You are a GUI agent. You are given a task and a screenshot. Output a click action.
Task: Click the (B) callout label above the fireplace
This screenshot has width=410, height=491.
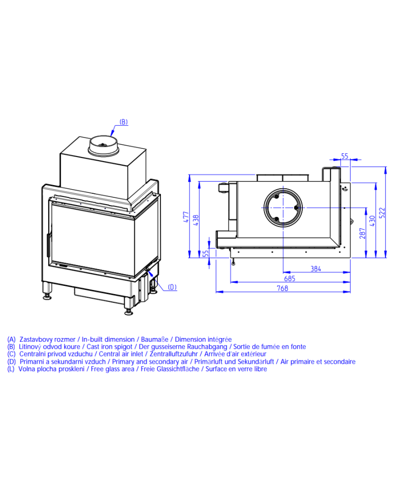coord(124,122)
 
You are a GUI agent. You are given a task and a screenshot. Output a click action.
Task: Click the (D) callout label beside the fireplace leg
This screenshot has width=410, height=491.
coord(172,287)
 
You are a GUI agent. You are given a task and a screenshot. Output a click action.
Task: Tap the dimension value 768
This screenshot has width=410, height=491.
coord(282,288)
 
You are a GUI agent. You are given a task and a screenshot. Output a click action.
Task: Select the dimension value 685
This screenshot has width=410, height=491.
coord(290,278)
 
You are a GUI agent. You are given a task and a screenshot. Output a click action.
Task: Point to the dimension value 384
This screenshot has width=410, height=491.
coord(316,269)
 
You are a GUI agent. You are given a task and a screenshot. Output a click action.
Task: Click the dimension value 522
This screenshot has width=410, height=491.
coord(382,213)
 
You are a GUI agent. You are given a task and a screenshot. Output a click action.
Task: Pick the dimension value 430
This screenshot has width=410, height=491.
coord(373,221)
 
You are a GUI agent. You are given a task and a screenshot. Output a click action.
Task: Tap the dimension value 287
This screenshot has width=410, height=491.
coord(363,234)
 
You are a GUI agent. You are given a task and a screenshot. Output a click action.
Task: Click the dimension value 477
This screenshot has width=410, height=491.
coord(186,217)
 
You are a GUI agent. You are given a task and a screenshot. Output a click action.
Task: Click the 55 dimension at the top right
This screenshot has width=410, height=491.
coord(345,156)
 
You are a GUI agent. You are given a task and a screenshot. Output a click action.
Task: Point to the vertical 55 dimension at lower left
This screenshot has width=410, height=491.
coord(206,253)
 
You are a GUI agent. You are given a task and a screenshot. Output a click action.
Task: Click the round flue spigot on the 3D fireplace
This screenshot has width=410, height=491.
coord(104,146)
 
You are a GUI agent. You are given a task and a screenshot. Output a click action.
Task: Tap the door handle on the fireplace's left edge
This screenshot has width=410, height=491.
coord(48,245)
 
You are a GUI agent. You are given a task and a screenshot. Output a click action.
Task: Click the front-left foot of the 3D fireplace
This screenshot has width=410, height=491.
coord(48,291)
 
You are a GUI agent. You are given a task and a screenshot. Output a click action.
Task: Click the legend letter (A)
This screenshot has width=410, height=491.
coord(11,340)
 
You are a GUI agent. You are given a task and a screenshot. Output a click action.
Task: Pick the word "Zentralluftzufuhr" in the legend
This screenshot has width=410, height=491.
coord(173,354)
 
